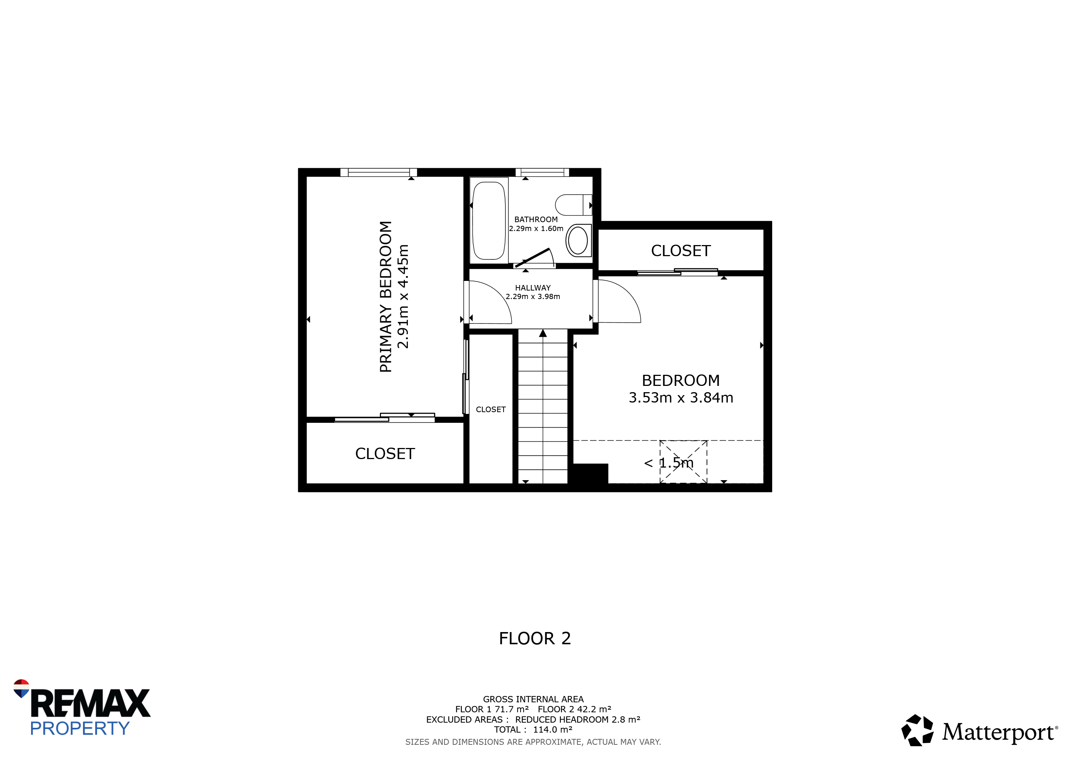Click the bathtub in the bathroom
point(489,220)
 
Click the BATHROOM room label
point(536,220)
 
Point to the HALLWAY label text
point(533,288)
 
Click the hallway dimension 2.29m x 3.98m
point(533,296)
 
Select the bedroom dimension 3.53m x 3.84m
point(681,398)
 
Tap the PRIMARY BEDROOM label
point(385,296)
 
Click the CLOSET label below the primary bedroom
point(385,454)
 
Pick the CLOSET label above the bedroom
point(681,251)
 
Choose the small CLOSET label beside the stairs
point(491,410)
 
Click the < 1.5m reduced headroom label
point(669,463)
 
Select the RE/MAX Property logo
point(82,707)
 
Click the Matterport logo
point(979,730)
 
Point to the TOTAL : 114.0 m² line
point(533,730)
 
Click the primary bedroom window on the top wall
point(378,173)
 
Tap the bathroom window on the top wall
point(542,173)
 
